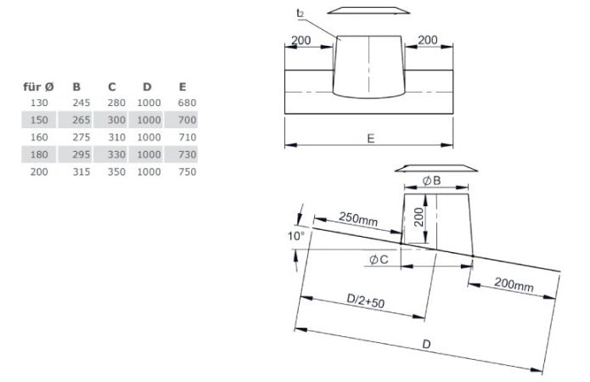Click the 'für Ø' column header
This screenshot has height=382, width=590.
[x=38, y=86]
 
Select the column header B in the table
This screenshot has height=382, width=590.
[x=77, y=86]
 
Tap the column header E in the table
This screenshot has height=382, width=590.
[x=183, y=86]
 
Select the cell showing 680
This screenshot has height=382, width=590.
[x=187, y=103]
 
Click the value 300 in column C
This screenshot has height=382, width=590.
[x=117, y=120]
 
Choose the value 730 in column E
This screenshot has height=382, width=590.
[x=187, y=154]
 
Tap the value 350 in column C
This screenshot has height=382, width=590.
[x=117, y=171]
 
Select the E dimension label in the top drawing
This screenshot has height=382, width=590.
[x=369, y=136]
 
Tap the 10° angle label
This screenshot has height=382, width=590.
[x=295, y=236]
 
